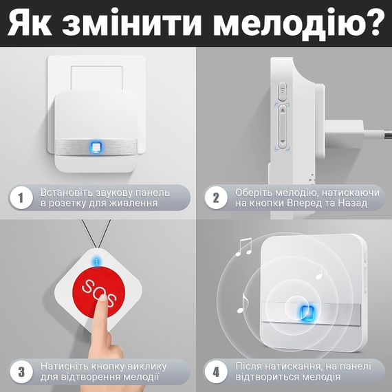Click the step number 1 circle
21,198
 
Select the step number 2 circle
216,198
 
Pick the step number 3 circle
21,372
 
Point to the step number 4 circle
216,372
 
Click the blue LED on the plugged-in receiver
96,147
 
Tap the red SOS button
99,292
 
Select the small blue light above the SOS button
97,262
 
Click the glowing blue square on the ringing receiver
307,313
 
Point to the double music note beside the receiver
243,247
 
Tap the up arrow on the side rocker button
283,109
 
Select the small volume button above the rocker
283,91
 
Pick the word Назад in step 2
353,204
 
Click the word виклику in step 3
146,367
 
